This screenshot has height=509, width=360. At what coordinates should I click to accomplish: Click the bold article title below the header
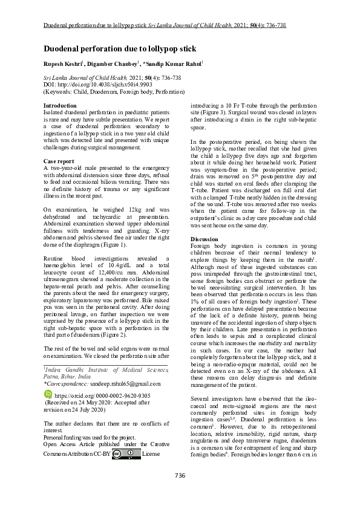click(x=120, y=48)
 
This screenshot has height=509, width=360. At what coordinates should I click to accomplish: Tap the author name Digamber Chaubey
click(x=111, y=62)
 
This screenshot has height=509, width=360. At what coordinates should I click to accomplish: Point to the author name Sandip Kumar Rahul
click(x=172, y=62)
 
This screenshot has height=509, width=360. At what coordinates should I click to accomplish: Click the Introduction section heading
click(x=60, y=106)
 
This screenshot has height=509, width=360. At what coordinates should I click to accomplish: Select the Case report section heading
click(x=59, y=161)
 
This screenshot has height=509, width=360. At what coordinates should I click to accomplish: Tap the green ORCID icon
click(x=49, y=394)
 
